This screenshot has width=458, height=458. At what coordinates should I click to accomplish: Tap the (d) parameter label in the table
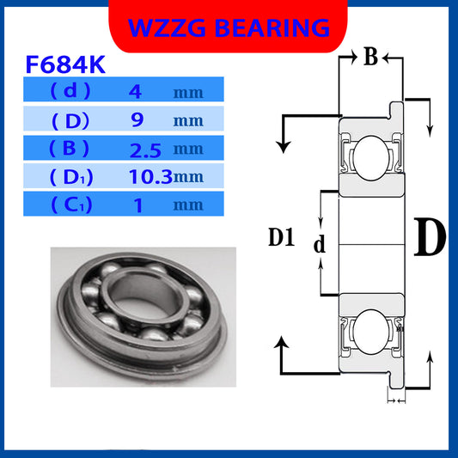64,91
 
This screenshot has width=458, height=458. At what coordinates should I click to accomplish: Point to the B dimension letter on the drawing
370,58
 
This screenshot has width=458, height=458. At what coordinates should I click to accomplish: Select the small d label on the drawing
320,245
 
